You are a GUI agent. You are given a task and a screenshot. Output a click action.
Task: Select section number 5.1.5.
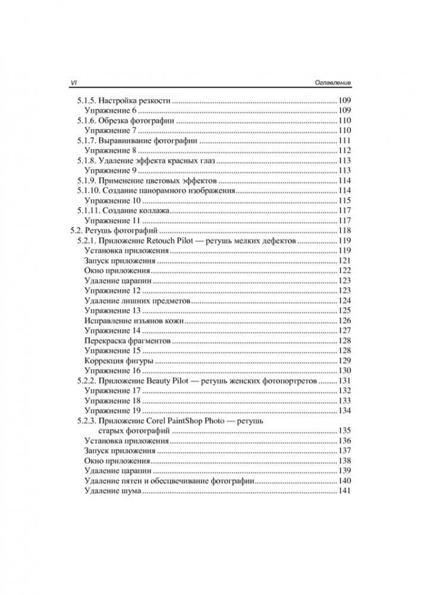click(x=85, y=100)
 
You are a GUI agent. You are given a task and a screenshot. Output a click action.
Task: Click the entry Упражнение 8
click(x=111, y=150)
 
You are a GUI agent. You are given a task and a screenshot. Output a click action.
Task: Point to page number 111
click(x=344, y=140)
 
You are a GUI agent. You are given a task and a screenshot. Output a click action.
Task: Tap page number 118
click(x=344, y=231)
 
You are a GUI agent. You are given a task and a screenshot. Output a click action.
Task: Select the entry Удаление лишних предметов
click(x=137, y=301)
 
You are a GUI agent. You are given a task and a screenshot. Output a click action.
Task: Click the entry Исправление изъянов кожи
click(x=134, y=321)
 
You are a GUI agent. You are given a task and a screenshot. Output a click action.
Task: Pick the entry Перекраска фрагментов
click(x=127, y=341)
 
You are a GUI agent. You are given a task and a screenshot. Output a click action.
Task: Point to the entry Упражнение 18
click(x=112, y=401)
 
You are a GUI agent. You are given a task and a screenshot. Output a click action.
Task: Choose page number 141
click(x=344, y=491)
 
